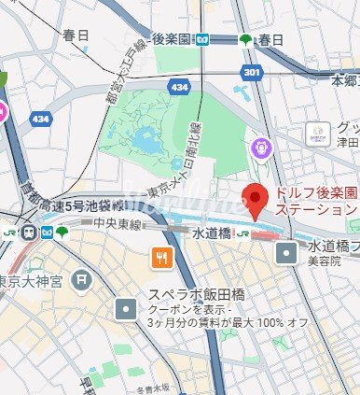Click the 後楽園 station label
[x=171, y=39]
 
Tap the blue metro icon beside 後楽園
[x=202, y=39]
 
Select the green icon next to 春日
[x=246, y=39]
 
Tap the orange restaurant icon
[x=162, y=261]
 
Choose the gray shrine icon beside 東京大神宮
[x=84, y=278]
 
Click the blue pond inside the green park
[x=145, y=142]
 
